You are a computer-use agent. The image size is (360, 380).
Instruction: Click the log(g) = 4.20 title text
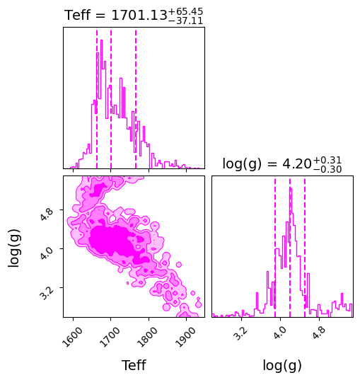pos(282,164)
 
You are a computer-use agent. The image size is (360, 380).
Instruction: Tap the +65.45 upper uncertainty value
pos(185,11)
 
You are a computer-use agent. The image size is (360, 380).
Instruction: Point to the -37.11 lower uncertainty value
pos(185,21)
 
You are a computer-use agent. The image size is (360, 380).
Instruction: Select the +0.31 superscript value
pos(327,160)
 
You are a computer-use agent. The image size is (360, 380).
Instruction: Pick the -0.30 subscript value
pos(327,169)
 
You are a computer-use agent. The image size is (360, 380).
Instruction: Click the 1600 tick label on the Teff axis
pos(72,337)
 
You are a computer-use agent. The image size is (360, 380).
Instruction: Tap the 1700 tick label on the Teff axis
pos(110,337)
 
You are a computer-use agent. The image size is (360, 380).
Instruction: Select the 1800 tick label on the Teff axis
pos(147,337)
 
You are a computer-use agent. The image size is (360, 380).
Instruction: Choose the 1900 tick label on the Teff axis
pos(185,337)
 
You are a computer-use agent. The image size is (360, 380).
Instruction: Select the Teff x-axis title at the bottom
pos(134,365)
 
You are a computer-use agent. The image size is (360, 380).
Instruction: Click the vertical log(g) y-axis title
pos(14,248)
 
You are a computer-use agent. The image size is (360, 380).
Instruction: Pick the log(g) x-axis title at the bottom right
pos(282,365)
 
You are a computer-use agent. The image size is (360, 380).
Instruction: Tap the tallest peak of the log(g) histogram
pos(291,188)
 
